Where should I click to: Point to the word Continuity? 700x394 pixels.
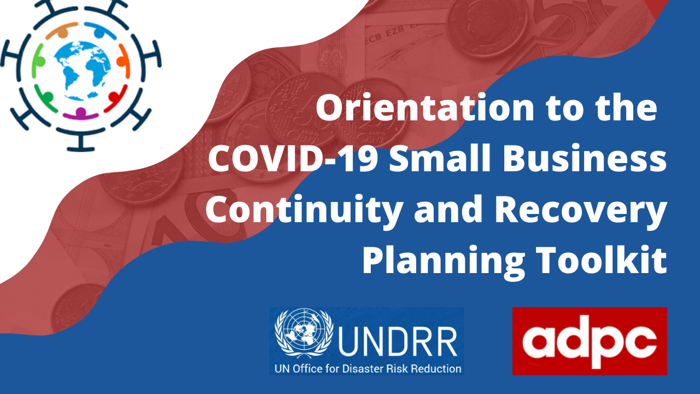pyautogui.click(x=295, y=210)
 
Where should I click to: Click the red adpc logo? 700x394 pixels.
pyautogui.click(x=590, y=341)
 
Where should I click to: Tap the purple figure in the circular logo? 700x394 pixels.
pyautogui.click(x=81, y=113)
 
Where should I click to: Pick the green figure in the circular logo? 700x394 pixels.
pyautogui.click(x=39, y=60)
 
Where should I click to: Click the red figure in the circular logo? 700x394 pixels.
pyautogui.click(x=118, y=99)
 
